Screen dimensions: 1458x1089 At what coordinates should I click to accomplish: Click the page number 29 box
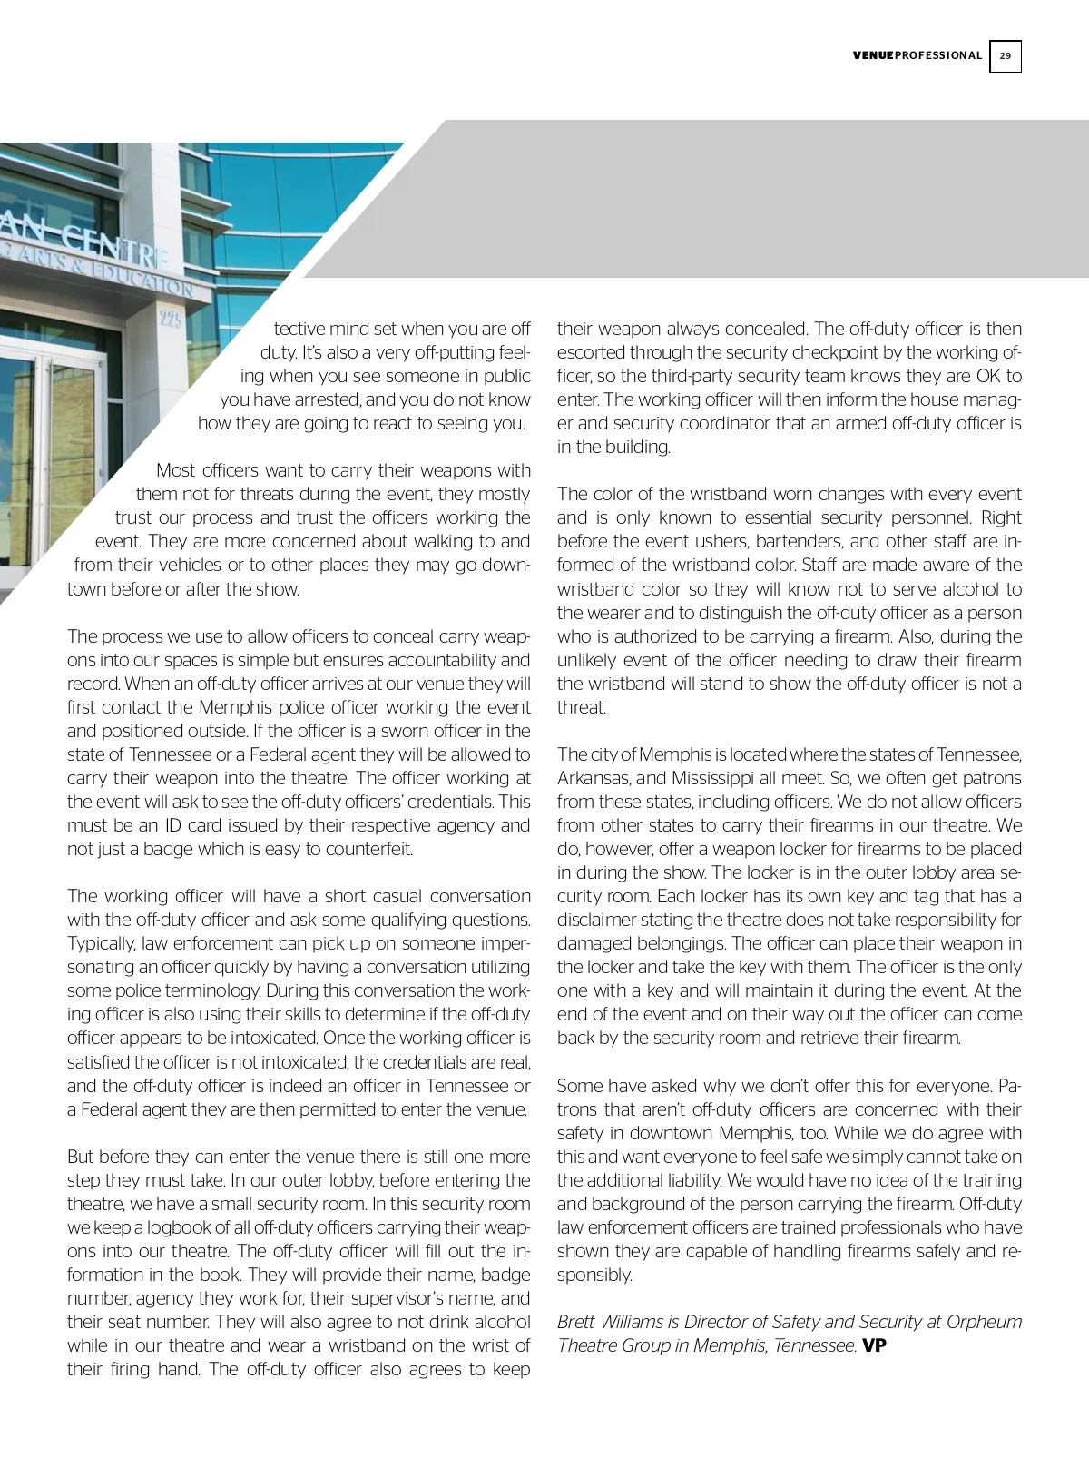coord(1005,56)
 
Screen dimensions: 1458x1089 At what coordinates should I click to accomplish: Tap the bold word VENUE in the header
coord(873,56)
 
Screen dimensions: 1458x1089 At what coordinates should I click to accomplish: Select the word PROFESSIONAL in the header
coord(938,56)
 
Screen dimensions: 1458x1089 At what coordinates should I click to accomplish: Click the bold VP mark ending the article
coord(874,1345)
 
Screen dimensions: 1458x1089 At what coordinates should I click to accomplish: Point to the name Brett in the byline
coord(576,1322)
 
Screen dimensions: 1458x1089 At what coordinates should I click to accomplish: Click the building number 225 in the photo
coord(170,318)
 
